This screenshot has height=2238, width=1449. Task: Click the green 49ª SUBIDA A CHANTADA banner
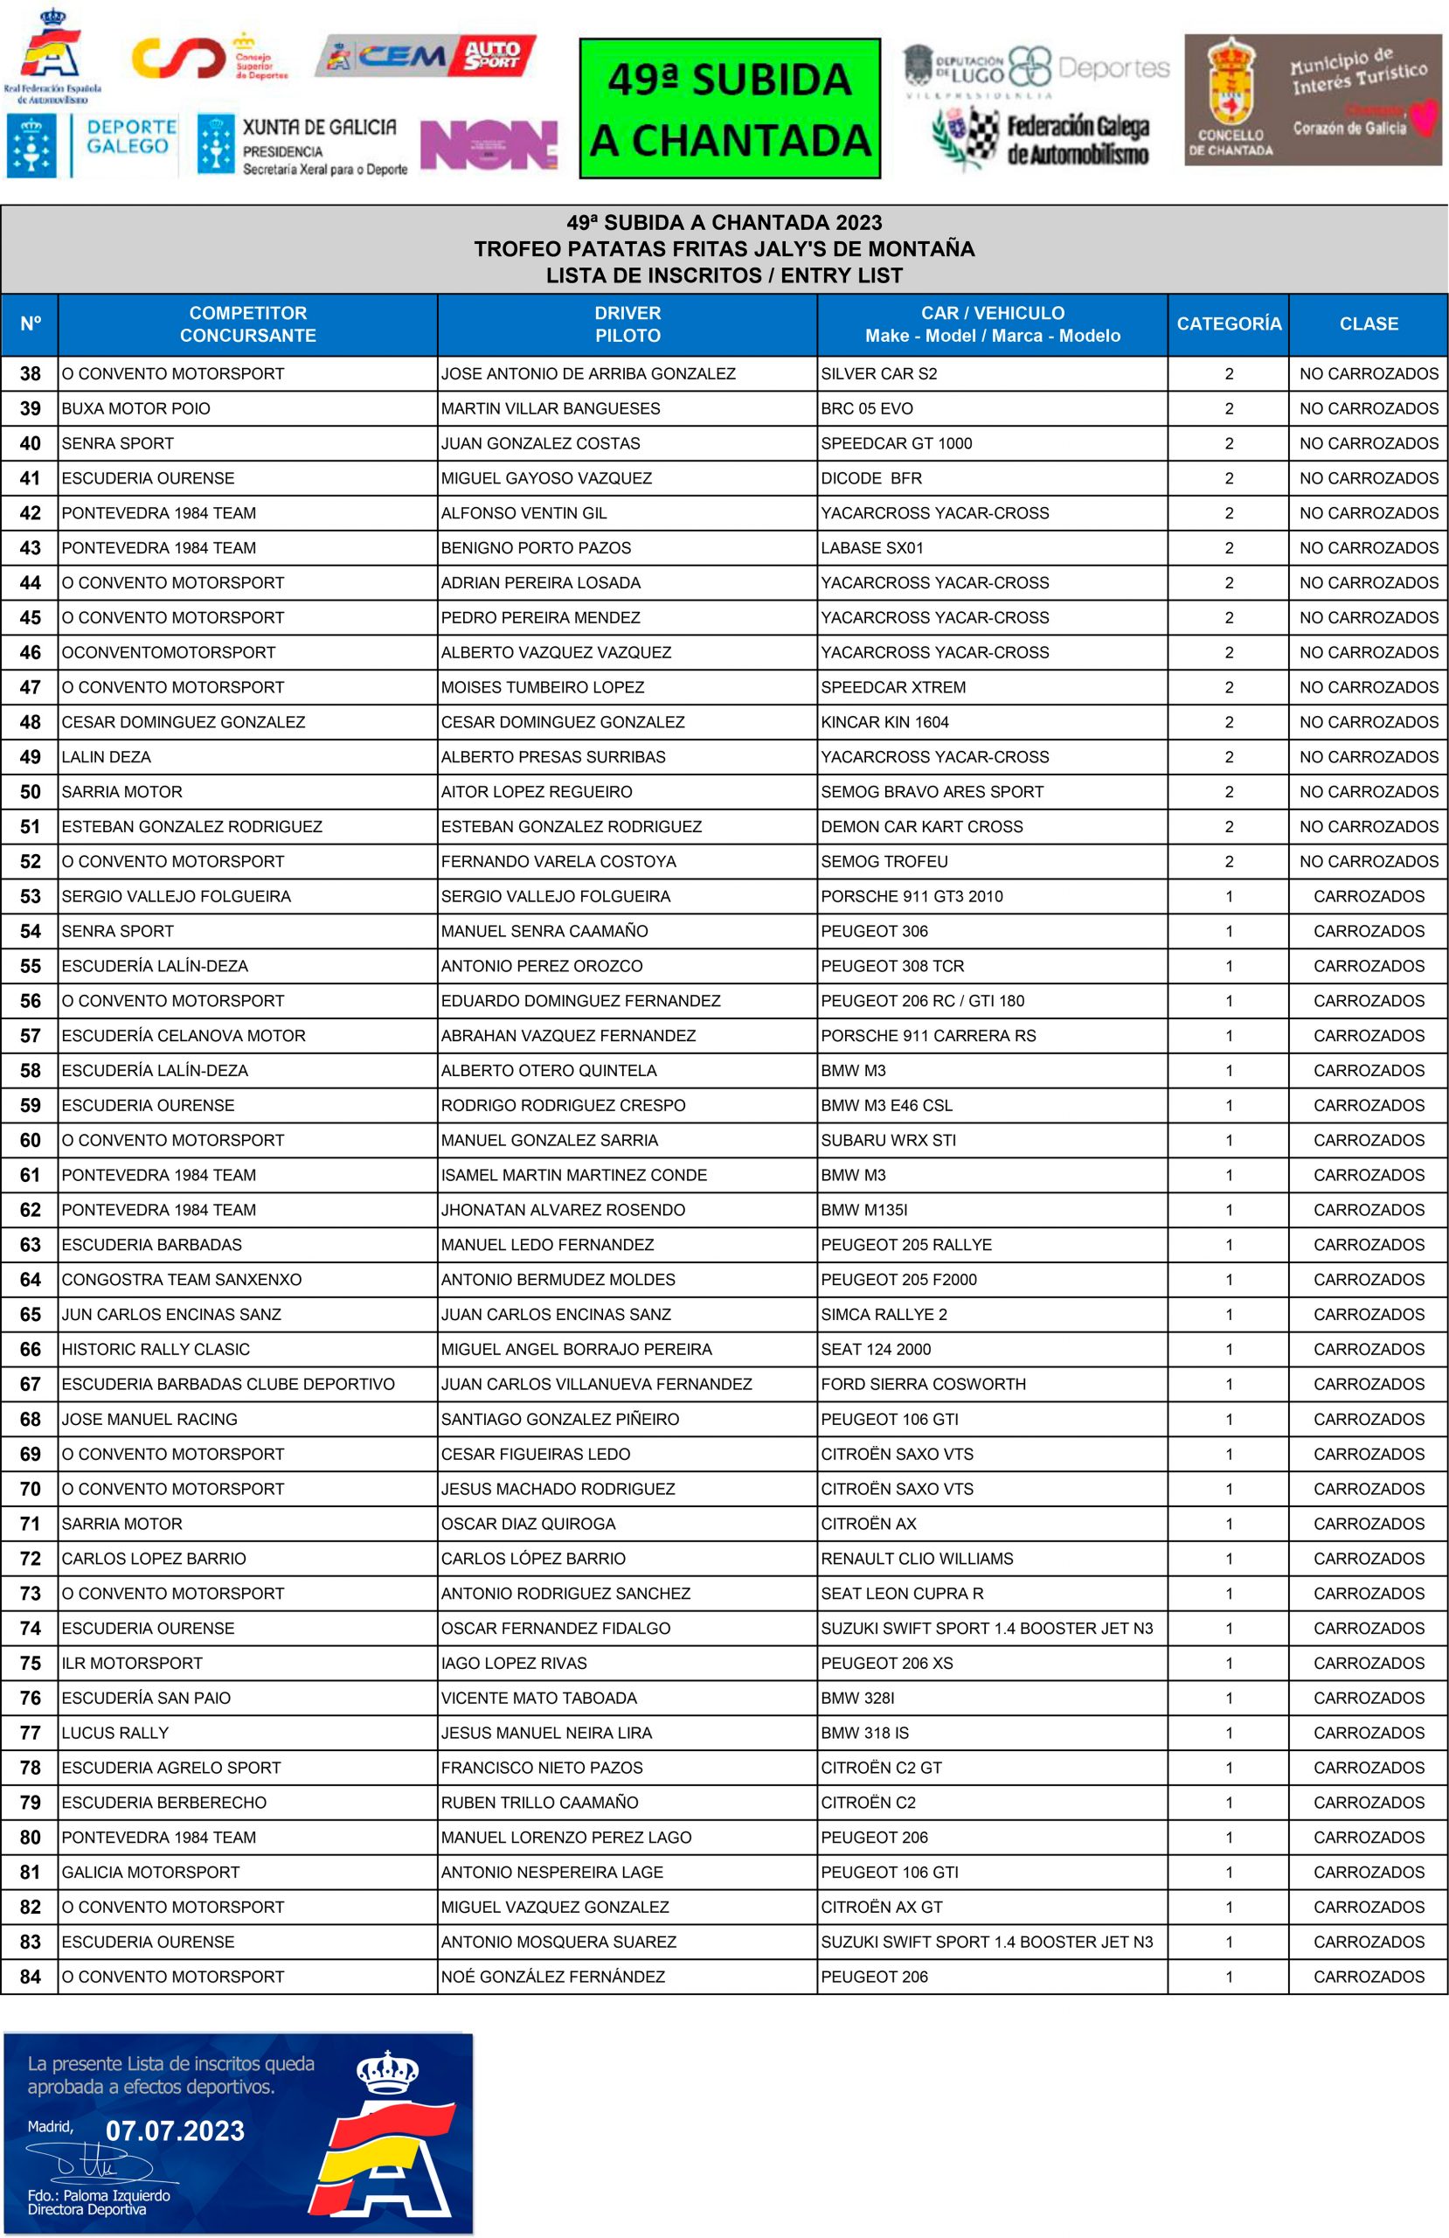tap(730, 108)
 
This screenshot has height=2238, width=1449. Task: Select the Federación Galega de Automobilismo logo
tap(1042, 137)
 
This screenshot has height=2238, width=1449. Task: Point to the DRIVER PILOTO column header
tap(627, 323)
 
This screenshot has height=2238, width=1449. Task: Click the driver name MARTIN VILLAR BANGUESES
tap(550, 408)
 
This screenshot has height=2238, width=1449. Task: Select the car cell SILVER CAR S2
tap(878, 373)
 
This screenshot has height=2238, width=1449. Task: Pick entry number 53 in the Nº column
tap(30, 896)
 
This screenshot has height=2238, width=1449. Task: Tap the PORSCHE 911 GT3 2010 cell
tap(912, 896)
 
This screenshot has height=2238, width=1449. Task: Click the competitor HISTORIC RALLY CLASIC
tap(156, 1348)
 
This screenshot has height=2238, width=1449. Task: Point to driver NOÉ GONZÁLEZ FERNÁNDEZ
tap(553, 1976)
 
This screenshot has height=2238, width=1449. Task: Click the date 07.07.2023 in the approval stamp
tap(175, 2130)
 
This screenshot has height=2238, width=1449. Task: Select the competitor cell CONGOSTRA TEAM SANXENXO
tap(182, 1279)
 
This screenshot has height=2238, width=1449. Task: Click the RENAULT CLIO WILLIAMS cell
tap(917, 1558)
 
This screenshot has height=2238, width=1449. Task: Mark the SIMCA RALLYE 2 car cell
tap(884, 1314)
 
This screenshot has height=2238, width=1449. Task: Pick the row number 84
tap(30, 1976)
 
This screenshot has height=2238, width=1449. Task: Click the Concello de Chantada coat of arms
tap(1230, 89)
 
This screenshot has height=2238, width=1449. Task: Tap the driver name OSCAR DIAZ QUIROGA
tap(528, 1524)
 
